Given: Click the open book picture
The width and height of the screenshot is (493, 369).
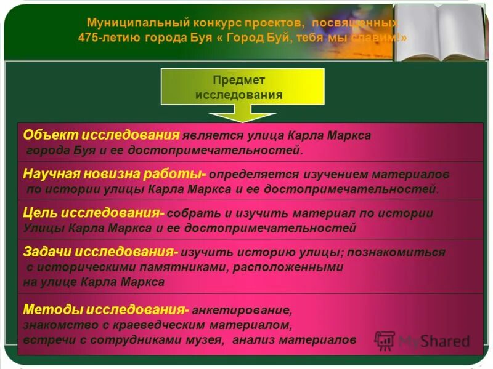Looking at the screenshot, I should coord(439,32).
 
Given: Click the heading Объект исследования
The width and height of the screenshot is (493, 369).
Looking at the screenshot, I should coord(101,135).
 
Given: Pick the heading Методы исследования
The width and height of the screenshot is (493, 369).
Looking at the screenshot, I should coord(105,309).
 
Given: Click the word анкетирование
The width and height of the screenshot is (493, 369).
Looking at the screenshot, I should coord(240,309).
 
